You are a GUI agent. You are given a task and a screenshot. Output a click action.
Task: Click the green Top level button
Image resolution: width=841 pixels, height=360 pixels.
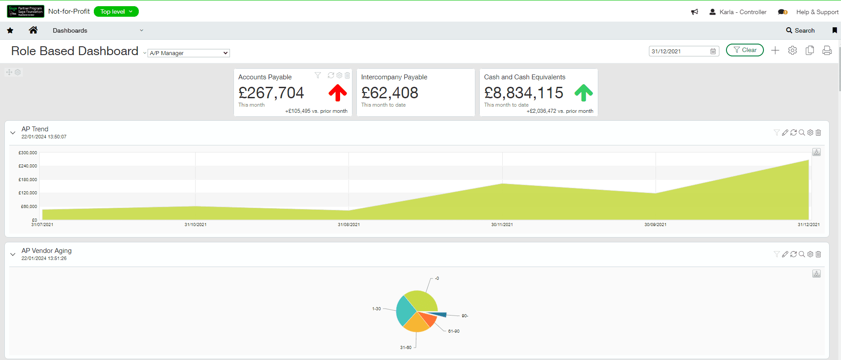tap(116, 11)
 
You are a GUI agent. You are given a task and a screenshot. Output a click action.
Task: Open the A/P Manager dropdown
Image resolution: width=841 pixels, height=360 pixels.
tap(189, 53)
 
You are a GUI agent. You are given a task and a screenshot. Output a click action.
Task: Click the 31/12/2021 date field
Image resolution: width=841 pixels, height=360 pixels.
tap(680, 51)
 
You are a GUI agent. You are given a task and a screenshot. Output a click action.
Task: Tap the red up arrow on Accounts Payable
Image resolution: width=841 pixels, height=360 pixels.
tap(337, 93)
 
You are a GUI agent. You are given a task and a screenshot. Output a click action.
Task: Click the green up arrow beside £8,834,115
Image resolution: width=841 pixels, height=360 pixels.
tap(583, 93)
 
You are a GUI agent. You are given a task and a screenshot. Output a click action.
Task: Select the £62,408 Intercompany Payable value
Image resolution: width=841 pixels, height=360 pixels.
tap(389, 93)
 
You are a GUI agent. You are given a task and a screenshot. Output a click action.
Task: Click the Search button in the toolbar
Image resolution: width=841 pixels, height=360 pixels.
tap(800, 30)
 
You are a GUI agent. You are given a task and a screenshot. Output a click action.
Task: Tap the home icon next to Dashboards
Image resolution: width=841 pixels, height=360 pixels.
tap(33, 30)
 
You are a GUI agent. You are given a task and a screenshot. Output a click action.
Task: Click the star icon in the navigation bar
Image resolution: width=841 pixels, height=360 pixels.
tap(10, 30)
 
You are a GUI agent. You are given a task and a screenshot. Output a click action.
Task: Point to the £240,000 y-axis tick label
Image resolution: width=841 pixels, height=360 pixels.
tap(28, 166)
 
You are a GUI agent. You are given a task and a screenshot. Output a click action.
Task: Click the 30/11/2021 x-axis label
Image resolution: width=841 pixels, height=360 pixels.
tap(502, 225)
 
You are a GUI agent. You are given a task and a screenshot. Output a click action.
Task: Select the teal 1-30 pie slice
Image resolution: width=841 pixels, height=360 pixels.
tap(405, 311)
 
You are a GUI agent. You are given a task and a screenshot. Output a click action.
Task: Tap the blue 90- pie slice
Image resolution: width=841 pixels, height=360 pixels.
tap(441, 314)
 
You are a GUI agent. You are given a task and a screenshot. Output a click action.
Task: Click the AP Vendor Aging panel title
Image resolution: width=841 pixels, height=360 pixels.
tap(46, 251)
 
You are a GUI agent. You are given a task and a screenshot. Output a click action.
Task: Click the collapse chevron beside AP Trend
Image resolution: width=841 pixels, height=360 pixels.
tap(13, 133)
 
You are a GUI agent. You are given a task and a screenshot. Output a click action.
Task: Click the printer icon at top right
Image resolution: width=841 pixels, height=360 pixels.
tap(827, 50)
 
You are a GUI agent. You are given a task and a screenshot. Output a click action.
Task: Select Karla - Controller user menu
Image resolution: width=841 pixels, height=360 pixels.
tap(738, 12)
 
